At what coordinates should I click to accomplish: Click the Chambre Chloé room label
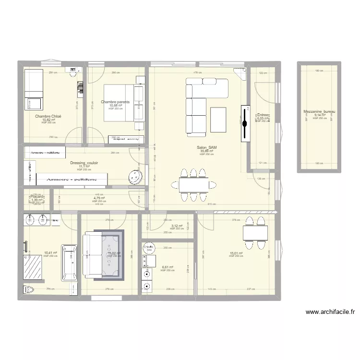coord(48,116)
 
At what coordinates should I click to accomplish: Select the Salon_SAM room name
coord(206,148)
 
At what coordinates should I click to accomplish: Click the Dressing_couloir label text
coord(84,163)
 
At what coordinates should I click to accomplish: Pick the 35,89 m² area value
coord(206,151)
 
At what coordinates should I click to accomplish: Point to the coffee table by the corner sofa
coord(218,120)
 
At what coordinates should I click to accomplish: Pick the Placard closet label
coord(37,196)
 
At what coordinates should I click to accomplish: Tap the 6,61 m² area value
coord(167,267)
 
